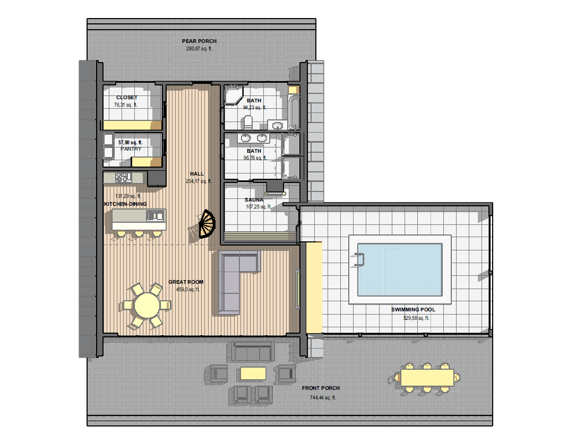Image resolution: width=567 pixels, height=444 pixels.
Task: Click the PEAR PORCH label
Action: pyautogui.click(x=199, y=41)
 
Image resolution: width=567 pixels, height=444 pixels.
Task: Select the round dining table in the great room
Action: pyautogui.click(x=147, y=305)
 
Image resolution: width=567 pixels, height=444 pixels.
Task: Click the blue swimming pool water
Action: pyautogui.click(x=400, y=269)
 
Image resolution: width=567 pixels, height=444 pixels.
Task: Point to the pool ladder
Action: pyautogui.click(x=358, y=260)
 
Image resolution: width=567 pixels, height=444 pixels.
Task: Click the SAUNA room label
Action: pyautogui.click(x=254, y=200)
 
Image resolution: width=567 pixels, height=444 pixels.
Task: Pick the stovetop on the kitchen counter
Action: pyautogui.click(x=123, y=177)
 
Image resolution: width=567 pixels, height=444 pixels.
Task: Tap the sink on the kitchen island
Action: pyautogui.click(x=156, y=216)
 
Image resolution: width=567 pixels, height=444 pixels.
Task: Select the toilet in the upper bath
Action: pyautogui.click(x=248, y=123)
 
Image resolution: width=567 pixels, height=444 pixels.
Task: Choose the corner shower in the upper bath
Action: pyautogui.click(x=234, y=94)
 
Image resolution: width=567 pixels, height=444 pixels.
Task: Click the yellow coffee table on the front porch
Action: pyautogui.click(x=253, y=373)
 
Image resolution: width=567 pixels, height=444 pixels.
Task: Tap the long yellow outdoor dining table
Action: pyautogui.click(x=427, y=378)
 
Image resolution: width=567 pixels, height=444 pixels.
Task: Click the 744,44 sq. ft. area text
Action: pyautogui.click(x=323, y=398)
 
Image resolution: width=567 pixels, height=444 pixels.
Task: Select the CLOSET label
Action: pyautogui.click(x=126, y=98)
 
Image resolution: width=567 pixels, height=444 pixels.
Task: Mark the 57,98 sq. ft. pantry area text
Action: pyautogui.click(x=130, y=143)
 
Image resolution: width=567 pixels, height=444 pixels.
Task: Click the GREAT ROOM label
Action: pyautogui.click(x=186, y=282)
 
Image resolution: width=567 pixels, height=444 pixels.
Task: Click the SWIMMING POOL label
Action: pyautogui.click(x=414, y=310)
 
